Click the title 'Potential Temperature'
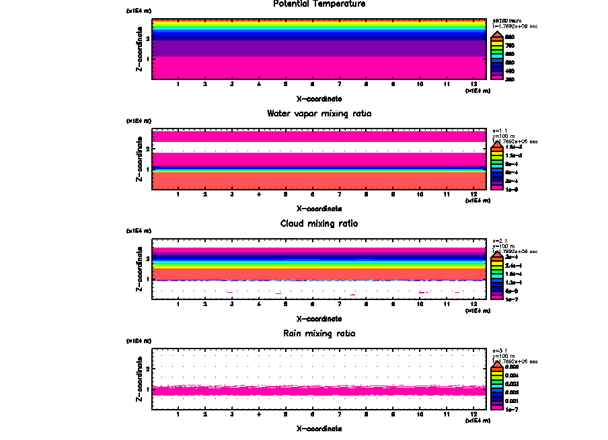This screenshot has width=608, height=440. point(319,4)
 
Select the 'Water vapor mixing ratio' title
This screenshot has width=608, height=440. point(319,114)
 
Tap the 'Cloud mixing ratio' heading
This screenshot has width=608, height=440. point(319,223)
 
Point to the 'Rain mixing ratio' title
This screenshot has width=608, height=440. point(319,334)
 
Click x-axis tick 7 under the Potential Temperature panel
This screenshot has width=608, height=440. point(340,84)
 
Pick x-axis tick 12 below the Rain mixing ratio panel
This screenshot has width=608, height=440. point(474,414)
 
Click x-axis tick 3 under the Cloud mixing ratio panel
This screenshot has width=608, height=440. point(232,304)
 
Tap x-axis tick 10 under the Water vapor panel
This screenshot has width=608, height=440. point(420,194)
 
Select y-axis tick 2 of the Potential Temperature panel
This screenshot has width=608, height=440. point(147,38)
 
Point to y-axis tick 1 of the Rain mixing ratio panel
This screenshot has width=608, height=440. point(147,390)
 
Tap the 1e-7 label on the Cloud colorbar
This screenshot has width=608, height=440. point(511,299)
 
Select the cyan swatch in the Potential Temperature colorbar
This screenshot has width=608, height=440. point(496,53)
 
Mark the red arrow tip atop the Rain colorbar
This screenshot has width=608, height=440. point(496,363)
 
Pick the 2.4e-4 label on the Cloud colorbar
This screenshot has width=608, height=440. point(512,266)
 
